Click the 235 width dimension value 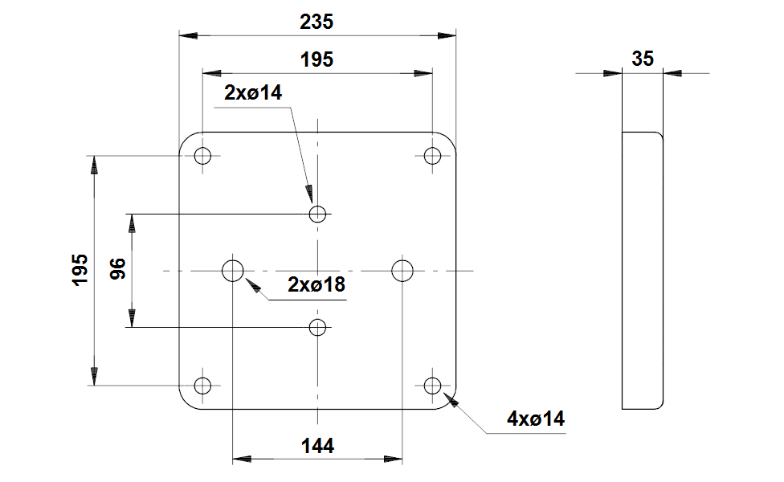coord(316,22)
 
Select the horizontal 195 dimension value coord(316,60)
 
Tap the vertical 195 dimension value coord(80,270)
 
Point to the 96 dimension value coord(118,269)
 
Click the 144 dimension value coord(317,446)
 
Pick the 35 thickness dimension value coord(643,59)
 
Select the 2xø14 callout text coord(253,93)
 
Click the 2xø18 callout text coord(316,285)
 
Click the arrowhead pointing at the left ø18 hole coord(253,284)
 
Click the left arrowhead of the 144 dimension coord(242,459)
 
